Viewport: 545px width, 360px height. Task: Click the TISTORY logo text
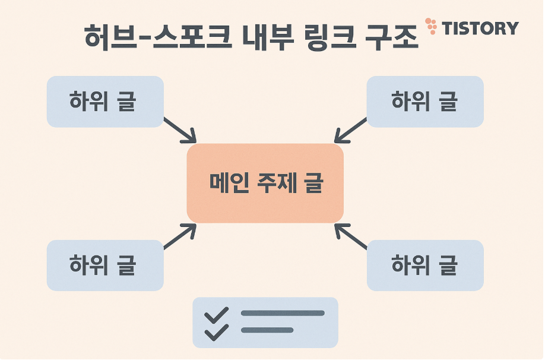click(x=481, y=28)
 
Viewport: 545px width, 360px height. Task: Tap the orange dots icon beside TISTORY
click(x=432, y=25)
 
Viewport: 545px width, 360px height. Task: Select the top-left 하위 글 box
click(x=105, y=102)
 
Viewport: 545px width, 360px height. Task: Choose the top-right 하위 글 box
click(x=425, y=102)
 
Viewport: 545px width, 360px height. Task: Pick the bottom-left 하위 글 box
click(x=105, y=265)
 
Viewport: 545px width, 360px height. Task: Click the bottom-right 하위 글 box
click(x=425, y=265)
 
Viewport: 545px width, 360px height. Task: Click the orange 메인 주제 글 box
click(x=265, y=183)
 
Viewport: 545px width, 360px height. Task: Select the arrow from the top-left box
click(x=180, y=131)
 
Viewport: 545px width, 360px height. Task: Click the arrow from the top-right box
click(x=350, y=131)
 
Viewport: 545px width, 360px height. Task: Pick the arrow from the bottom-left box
click(x=180, y=236)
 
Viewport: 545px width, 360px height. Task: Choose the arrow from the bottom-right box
click(x=351, y=236)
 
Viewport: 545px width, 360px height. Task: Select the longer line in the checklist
click(x=283, y=313)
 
